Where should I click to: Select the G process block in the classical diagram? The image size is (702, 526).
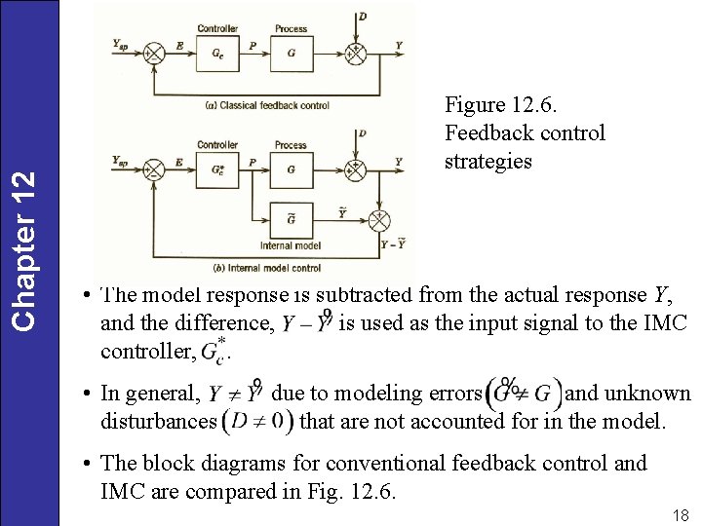click(x=291, y=54)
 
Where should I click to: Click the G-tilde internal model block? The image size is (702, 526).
click(x=291, y=220)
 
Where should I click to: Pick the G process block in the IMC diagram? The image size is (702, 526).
click(x=291, y=169)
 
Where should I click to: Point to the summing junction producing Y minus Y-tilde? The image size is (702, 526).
click(x=378, y=220)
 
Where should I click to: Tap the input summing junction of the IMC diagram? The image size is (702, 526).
click(x=153, y=169)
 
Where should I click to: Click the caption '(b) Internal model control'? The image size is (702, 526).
click(x=266, y=267)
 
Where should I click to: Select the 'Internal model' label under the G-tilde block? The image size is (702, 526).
click(x=291, y=245)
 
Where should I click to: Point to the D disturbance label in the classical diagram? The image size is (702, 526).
click(x=363, y=18)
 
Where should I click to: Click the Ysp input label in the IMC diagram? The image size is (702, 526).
click(x=120, y=160)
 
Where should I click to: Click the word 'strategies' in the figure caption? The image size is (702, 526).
click(x=487, y=161)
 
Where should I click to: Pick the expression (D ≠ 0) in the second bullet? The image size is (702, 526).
click(x=257, y=422)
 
